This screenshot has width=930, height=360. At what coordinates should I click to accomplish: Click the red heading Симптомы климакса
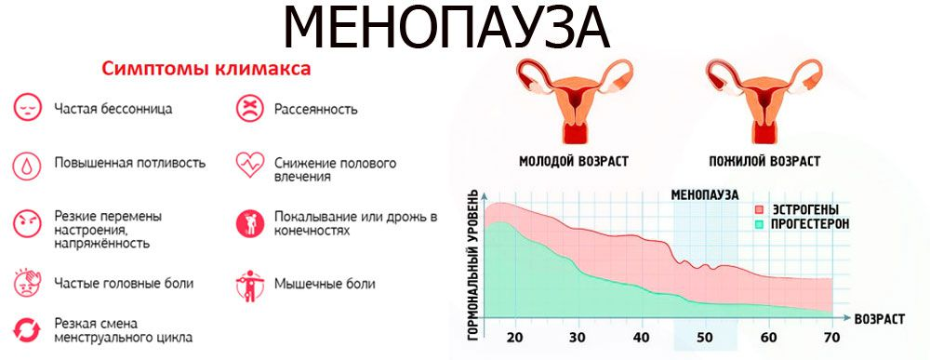206,70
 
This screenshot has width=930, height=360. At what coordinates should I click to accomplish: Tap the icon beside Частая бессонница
26,108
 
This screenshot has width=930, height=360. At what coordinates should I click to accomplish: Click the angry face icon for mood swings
26,223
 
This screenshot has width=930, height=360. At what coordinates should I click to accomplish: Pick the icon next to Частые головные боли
26,282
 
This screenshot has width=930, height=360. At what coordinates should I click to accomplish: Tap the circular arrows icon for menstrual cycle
26,329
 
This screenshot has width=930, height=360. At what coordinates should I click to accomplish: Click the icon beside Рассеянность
249,109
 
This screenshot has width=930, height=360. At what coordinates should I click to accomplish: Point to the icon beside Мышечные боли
249,282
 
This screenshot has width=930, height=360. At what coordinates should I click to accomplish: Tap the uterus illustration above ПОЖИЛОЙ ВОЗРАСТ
760,101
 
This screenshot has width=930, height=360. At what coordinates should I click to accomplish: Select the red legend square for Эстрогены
760,210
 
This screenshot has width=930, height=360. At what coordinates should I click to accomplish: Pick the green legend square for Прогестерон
760,224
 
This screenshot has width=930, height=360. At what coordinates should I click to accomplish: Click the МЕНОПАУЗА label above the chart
704,194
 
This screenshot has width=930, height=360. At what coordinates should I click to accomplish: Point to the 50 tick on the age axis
703,336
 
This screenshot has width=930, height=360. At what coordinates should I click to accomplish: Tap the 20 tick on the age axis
513,336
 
